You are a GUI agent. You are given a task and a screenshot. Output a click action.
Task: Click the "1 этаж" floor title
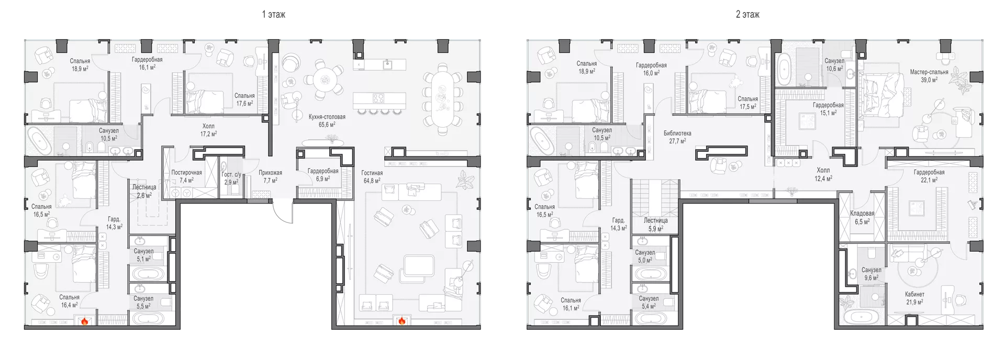273,15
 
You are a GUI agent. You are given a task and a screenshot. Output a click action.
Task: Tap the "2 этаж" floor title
747,15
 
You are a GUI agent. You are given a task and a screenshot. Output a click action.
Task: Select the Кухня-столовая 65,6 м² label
327,121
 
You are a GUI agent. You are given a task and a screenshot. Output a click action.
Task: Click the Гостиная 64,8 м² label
372,177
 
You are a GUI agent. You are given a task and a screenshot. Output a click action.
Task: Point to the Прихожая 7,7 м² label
270,177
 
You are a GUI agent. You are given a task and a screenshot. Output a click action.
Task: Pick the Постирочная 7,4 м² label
186,176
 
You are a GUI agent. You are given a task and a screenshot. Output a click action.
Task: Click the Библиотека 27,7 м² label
677,137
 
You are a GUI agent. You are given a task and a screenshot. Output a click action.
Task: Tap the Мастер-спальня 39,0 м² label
929,76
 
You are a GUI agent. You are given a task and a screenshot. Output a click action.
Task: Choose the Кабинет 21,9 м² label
914,298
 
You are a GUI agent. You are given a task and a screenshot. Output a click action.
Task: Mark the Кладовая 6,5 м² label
862,218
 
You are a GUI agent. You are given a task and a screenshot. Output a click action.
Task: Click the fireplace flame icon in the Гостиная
401,321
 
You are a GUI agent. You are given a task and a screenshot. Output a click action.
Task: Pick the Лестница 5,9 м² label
655,224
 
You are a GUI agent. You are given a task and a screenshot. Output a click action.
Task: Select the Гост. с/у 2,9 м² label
231,178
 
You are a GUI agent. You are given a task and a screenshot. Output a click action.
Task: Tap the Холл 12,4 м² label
823,174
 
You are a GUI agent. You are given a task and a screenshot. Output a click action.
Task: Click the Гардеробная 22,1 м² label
929,176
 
